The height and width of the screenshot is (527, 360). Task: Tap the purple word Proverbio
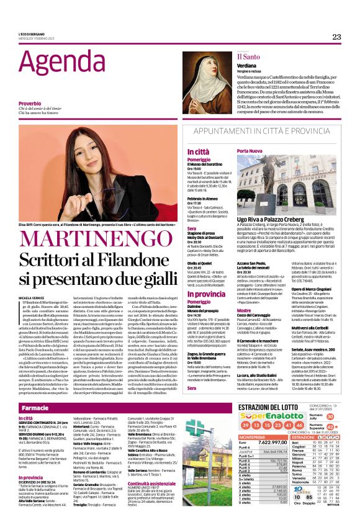tap(30, 103)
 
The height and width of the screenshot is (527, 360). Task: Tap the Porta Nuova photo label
tap(250, 151)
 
